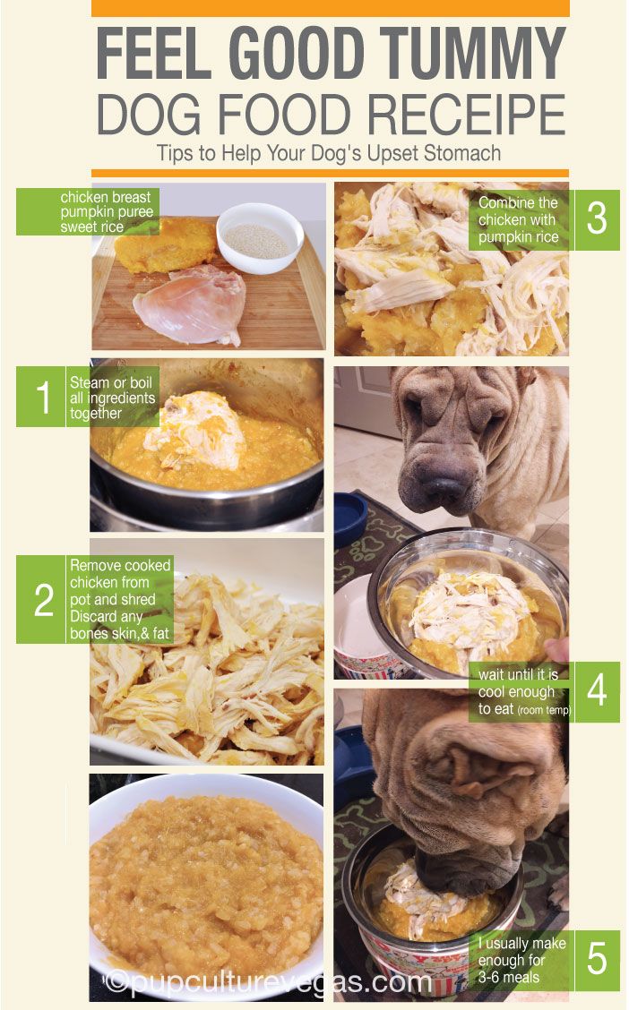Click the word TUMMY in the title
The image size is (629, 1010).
[x=472, y=54]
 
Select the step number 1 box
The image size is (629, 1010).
[x=42, y=396]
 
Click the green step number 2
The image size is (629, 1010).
[x=42, y=599]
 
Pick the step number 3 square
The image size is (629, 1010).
[x=596, y=219]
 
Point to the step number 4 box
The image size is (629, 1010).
[x=596, y=691]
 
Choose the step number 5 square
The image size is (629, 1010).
[x=596, y=959]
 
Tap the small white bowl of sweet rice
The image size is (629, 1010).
[x=260, y=237]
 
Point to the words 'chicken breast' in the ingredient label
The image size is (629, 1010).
[x=106, y=197]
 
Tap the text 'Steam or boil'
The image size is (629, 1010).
[x=111, y=382]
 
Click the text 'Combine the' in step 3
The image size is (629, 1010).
[x=518, y=202]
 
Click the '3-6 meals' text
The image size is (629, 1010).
[x=508, y=977]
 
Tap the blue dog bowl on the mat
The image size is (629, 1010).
[x=350, y=516]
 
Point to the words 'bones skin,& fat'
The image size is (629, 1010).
[x=119, y=634]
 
